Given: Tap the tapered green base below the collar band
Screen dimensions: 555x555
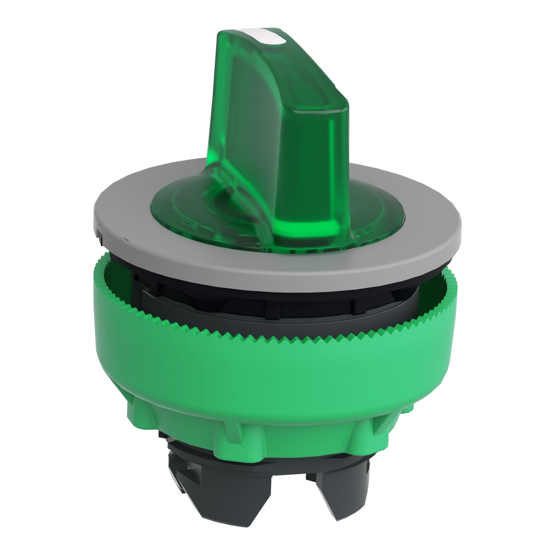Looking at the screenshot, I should click(x=271, y=428).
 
